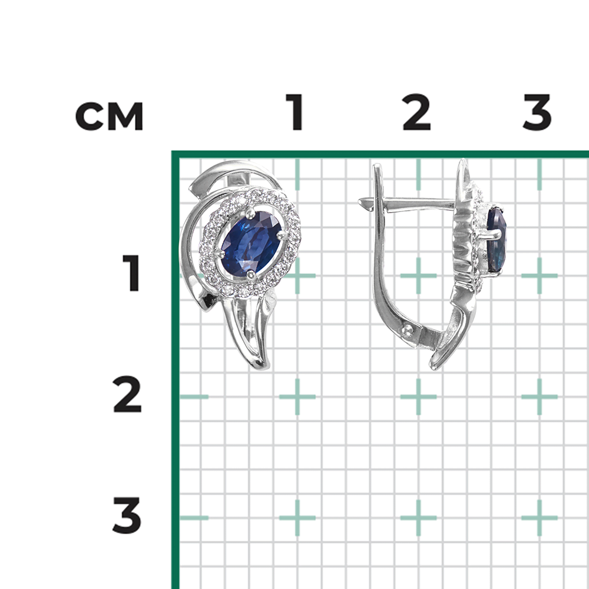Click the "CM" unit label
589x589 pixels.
[x=110, y=116]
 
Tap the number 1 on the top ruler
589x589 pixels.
[x=295, y=111]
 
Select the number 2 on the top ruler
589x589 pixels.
[x=416, y=111]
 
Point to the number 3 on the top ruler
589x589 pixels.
[x=537, y=111]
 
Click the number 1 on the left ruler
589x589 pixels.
[x=131, y=273]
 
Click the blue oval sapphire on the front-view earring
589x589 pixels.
[x=252, y=243]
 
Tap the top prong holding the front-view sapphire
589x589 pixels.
[x=250, y=213]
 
